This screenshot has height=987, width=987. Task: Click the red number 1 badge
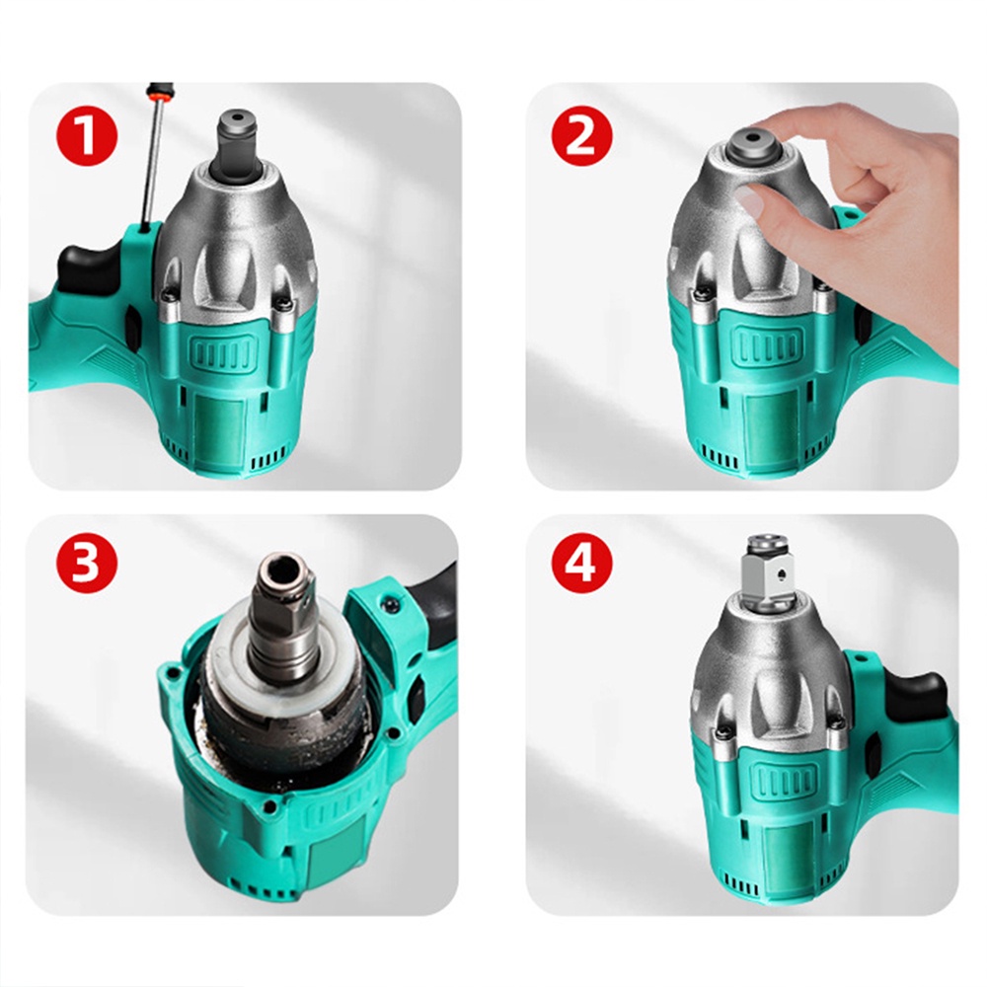click(87, 136)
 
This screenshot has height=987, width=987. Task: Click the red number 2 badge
click(581, 136)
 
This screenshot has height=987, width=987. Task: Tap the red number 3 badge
click(87, 563)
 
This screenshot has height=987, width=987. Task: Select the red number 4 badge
click(581, 563)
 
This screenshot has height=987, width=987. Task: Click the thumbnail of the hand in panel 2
click(751, 200)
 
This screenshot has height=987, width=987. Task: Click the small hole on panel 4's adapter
click(781, 573)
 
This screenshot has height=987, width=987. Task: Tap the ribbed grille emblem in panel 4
click(783, 780)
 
